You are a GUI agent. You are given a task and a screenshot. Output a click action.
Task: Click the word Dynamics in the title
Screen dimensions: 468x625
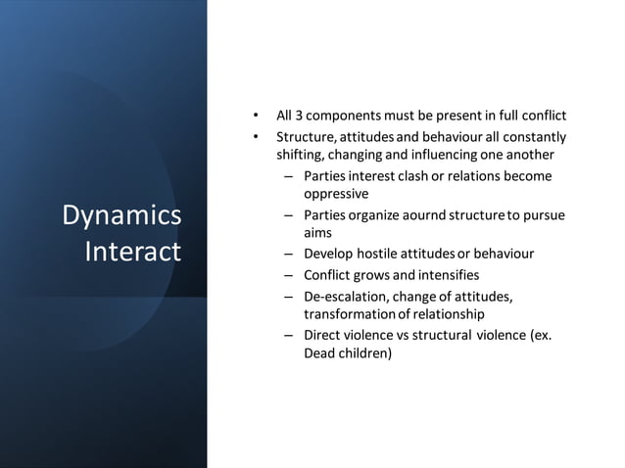pos(121,215)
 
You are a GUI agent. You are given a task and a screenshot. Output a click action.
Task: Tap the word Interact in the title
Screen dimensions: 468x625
pos(133,252)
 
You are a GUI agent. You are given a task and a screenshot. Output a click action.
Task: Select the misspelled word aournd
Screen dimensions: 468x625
pos(426,214)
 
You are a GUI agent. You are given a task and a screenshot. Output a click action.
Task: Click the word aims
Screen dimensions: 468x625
pos(318,233)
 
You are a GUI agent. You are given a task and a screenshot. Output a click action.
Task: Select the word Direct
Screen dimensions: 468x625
pos(322,335)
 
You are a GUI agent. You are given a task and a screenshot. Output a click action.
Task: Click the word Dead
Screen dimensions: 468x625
pos(320,353)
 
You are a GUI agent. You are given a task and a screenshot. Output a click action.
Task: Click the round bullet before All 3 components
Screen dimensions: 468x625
pos(256,116)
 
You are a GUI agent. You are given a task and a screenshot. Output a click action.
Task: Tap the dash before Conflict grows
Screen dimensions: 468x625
pos(289,275)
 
